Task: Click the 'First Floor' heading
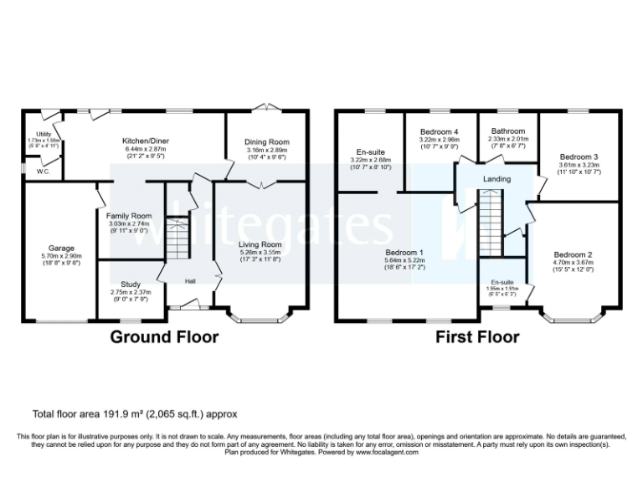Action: click(x=477, y=337)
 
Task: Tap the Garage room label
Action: click(x=60, y=249)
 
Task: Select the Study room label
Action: click(x=130, y=284)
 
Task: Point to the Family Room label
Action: click(x=129, y=216)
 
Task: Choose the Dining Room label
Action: click(x=266, y=142)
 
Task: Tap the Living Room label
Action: click(x=260, y=244)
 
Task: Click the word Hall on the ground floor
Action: click(x=190, y=281)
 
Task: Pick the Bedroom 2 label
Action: click(x=574, y=254)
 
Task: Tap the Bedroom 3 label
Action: click(x=579, y=156)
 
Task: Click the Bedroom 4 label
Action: click(x=439, y=131)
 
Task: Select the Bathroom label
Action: click(x=507, y=131)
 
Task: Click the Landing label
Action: click(x=496, y=180)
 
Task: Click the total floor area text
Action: click(x=134, y=413)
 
